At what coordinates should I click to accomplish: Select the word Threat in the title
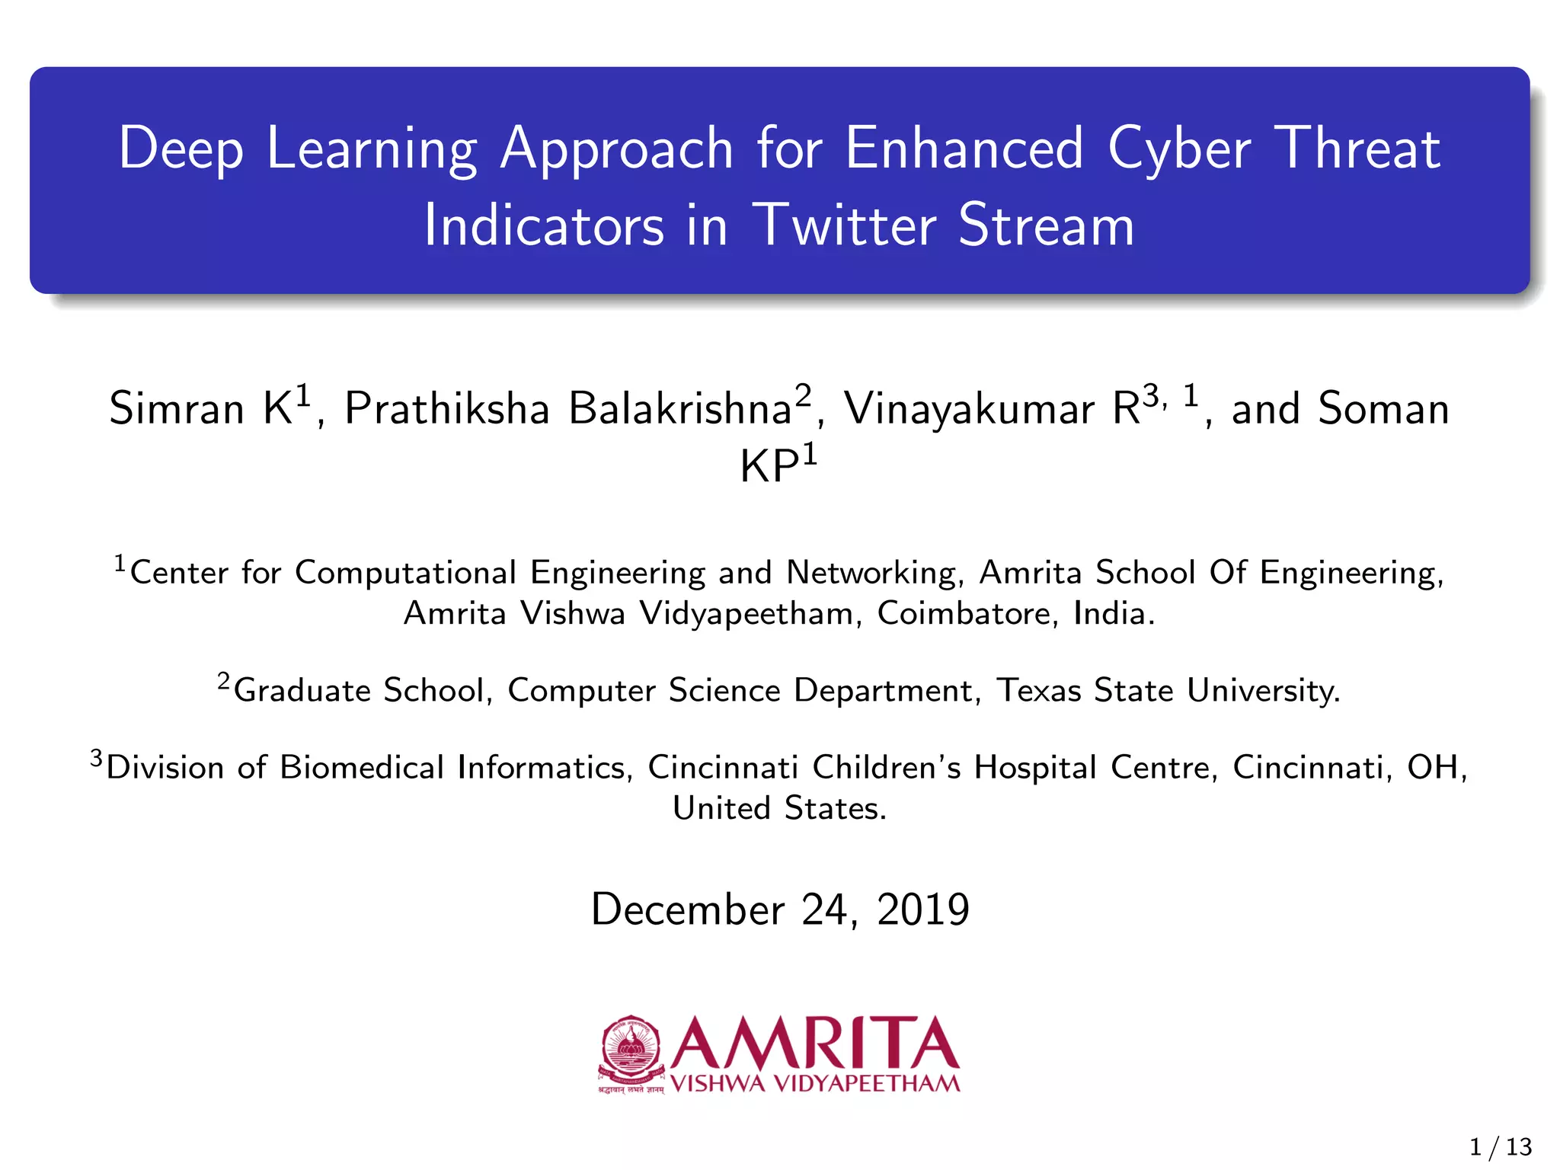pos(1357,149)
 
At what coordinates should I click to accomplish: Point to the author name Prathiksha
pos(446,409)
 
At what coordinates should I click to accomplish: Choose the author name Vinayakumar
pos(968,409)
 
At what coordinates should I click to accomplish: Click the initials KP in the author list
pos(769,467)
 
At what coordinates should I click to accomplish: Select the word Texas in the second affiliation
pos(1039,691)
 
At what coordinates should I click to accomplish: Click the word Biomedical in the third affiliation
pos(362,768)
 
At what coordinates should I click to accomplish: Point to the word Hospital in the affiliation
pos(1035,768)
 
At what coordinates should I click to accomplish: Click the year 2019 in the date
pos(923,909)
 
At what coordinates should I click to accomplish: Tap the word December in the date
pos(687,909)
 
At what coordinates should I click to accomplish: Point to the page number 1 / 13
pos(1500,1146)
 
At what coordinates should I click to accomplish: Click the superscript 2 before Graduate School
pos(223,680)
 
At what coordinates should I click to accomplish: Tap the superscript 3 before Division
pos(96,758)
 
